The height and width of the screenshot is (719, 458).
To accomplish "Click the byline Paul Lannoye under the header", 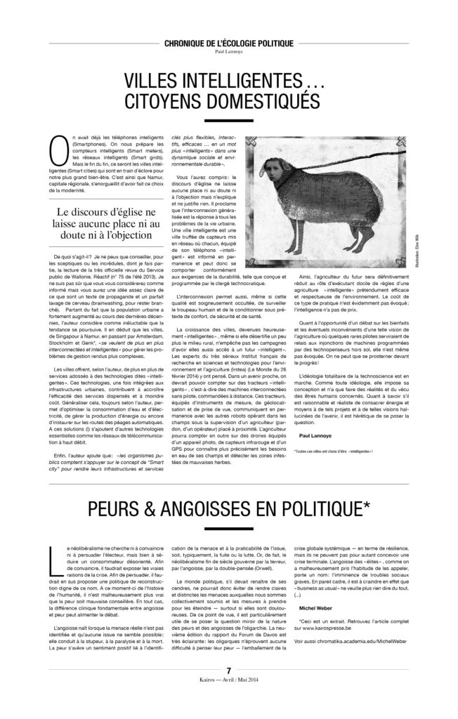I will pos(228,51).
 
